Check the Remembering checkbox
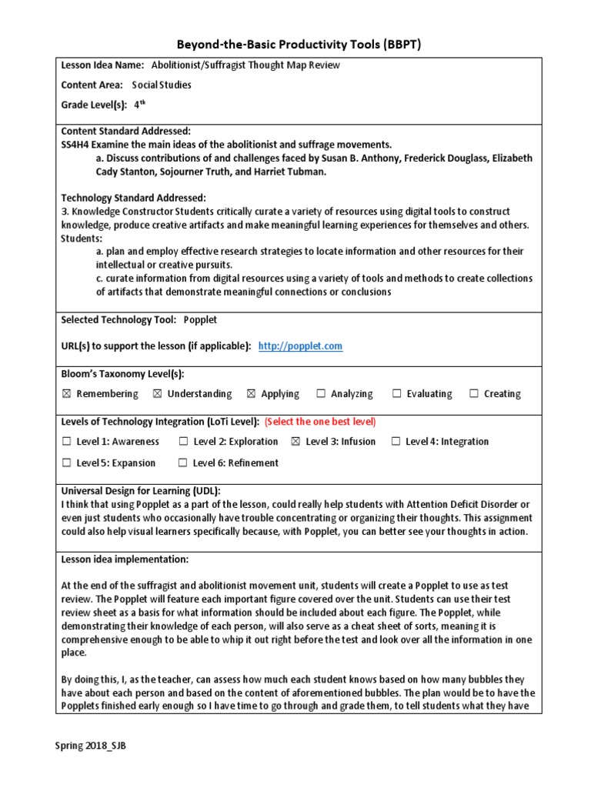tap(66, 394)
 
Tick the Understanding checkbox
tap(158, 394)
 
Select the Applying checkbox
tap(252, 394)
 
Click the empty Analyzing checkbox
tap(321, 394)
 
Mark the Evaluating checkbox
tap(397, 394)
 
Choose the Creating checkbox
tap(474, 394)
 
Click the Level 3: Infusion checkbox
tap(296, 442)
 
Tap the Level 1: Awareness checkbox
tap(66, 442)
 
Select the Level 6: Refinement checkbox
tap(183, 463)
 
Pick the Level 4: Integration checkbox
tap(396, 442)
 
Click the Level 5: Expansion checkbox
tap(66, 463)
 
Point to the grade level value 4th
tap(139, 105)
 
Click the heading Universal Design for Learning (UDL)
tap(141, 491)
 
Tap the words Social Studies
tap(162, 85)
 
